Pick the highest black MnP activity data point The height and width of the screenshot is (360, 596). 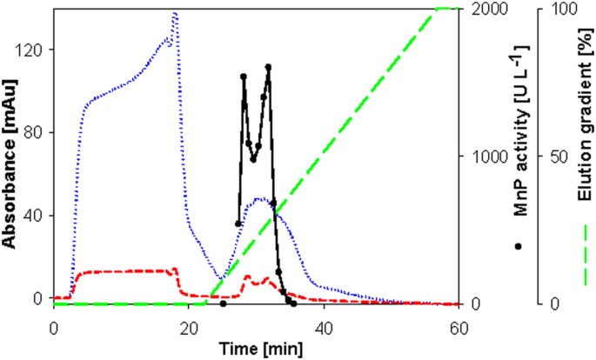[269, 67]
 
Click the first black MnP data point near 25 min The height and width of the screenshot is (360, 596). [223, 304]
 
